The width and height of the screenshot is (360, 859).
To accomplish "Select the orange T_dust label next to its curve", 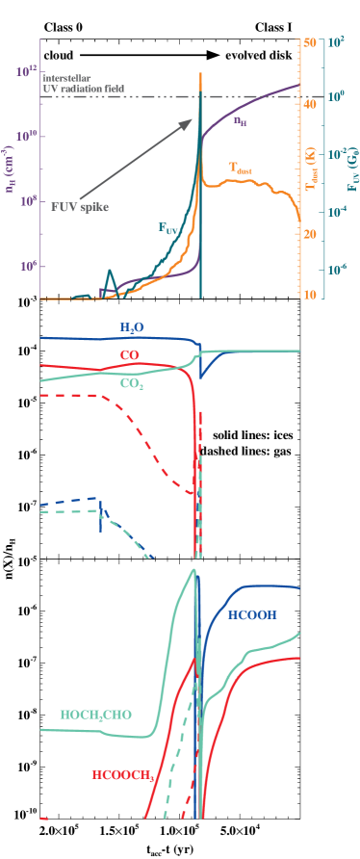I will (x=240, y=168).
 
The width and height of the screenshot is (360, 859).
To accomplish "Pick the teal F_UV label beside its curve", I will (x=168, y=228).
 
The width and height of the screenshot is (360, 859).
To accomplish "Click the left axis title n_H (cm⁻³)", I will (x=11, y=169).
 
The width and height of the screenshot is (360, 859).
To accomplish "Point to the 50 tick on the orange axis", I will (x=309, y=42).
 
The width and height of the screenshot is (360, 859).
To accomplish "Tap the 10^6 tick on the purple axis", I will (x=27, y=266).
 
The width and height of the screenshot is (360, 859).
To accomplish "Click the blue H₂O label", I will (x=132, y=328).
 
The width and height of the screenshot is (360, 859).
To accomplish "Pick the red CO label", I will (x=130, y=355).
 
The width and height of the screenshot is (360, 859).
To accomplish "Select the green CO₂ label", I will (x=132, y=383).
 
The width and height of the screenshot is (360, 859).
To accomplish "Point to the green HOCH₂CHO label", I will (x=95, y=716).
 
